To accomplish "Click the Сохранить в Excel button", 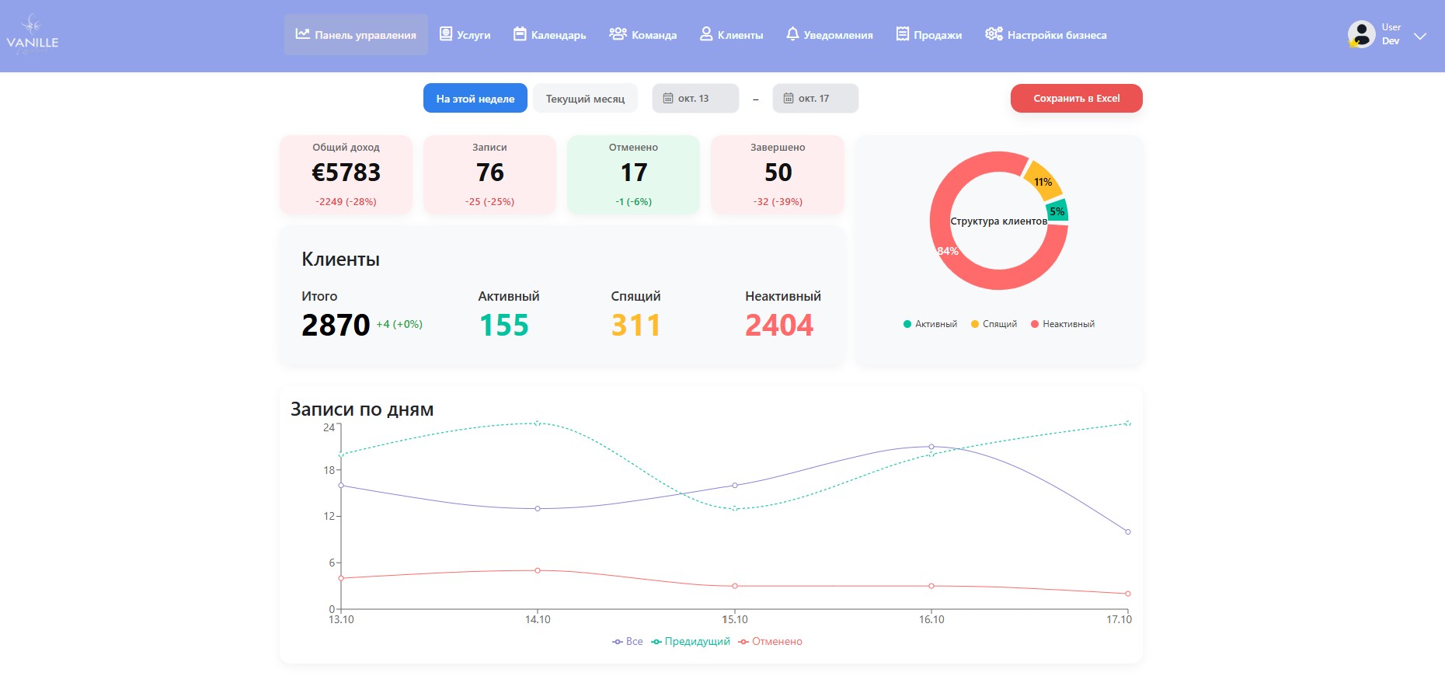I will click(x=1076, y=99).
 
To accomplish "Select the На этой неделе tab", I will click(x=475, y=99).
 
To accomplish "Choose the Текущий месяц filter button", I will click(x=585, y=99).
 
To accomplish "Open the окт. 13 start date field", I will click(x=695, y=99).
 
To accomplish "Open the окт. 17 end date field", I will click(x=815, y=99).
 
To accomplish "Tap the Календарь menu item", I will click(x=550, y=35).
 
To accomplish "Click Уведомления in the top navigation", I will click(x=829, y=35).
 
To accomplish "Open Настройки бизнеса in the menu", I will click(x=1046, y=35).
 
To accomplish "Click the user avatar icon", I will click(x=1361, y=34).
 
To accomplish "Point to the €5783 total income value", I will click(x=346, y=172).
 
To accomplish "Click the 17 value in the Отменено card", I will click(x=633, y=172).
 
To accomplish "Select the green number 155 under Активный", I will click(x=503, y=325).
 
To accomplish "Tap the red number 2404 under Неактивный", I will click(x=779, y=325).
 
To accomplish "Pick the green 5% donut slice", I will click(x=1057, y=211).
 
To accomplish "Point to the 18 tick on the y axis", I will click(x=329, y=470).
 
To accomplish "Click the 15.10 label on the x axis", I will click(x=735, y=620).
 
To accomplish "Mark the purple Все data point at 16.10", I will click(x=931, y=447).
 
